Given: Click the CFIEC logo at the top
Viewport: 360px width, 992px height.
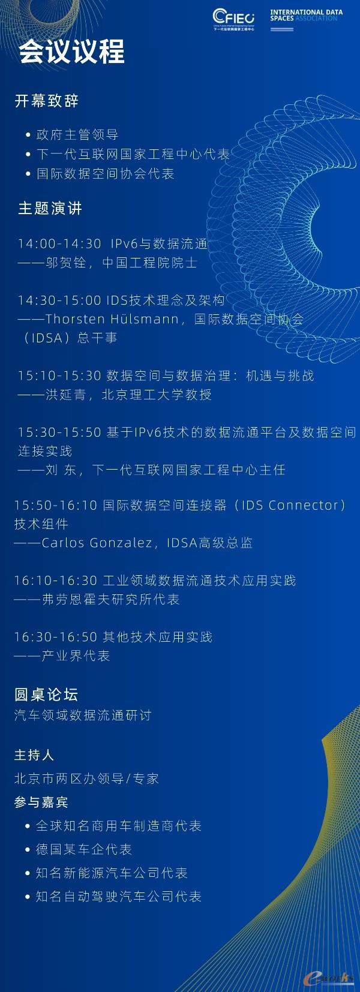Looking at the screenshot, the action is pyautogui.click(x=234, y=20).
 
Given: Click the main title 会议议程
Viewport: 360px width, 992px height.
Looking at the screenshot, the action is pyautogui.click(x=71, y=51).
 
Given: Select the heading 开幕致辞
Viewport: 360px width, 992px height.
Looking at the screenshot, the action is pyautogui.click(x=46, y=101).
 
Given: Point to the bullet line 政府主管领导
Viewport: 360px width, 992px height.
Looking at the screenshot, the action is pyautogui.click(x=77, y=134).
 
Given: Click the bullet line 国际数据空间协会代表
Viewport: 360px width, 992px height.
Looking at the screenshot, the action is pyautogui.click(x=106, y=173).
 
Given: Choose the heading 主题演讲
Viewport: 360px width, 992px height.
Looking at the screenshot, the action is pyautogui.click(x=50, y=208).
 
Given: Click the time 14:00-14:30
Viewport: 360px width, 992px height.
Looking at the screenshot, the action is pyautogui.click(x=59, y=244).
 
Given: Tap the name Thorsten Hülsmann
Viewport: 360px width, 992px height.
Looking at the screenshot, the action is pyautogui.click(x=112, y=319).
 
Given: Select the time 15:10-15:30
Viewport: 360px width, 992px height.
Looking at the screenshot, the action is pyautogui.click(x=59, y=375).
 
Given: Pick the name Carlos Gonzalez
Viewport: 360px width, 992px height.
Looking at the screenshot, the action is pyautogui.click(x=97, y=543).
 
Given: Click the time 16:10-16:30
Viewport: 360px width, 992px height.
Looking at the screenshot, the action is pyautogui.click(x=55, y=580).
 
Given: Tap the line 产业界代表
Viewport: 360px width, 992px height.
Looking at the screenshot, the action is pyautogui.click(x=75, y=656).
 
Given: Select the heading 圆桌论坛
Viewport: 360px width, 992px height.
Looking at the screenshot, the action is pyautogui.click(x=46, y=695).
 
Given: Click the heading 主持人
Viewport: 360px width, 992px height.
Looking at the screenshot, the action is pyautogui.click(x=34, y=755).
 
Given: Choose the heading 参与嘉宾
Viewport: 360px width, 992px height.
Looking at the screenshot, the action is pyautogui.click(x=41, y=802).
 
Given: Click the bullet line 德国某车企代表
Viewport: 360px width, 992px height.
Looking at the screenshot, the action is pyautogui.click(x=83, y=849).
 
